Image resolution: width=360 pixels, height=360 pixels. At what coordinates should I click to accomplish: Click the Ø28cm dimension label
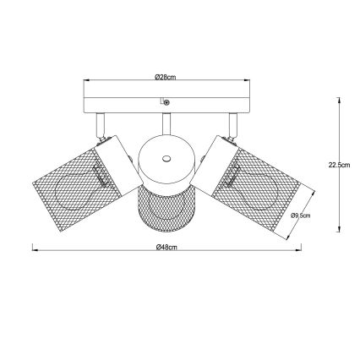pyautogui.click(x=166, y=77)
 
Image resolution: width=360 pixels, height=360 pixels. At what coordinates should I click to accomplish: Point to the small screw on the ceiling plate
pyautogui.click(x=166, y=102)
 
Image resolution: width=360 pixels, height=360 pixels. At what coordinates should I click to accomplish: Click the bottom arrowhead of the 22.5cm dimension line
pyautogui.click(x=340, y=231)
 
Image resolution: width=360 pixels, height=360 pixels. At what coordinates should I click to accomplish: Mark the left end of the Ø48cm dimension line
pyautogui.click(x=32, y=250)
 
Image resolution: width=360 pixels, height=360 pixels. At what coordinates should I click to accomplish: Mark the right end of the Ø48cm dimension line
pyautogui.click(x=301, y=250)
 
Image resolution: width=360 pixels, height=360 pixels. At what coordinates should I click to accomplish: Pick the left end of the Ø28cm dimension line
pyautogui.click(x=82, y=80)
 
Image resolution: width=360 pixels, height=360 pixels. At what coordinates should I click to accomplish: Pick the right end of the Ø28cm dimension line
pyautogui.click(x=251, y=80)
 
